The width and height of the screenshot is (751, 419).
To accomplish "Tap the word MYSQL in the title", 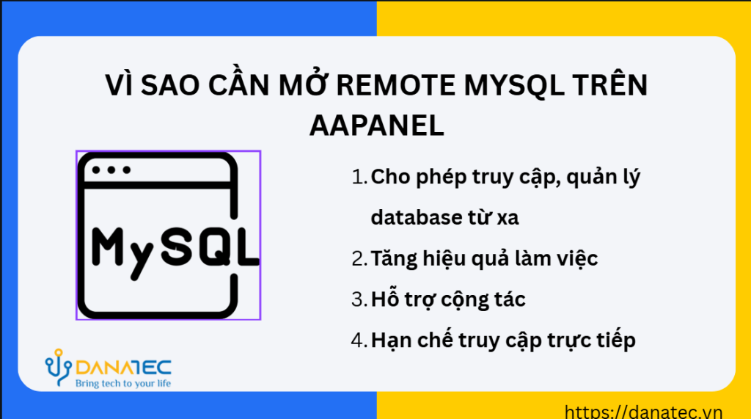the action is pyautogui.click(x=514, y=85).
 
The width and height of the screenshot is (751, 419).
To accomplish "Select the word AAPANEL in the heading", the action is pyautogui.click(x=377, y=126).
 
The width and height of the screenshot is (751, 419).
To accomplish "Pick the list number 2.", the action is pyautogui.click(x=359, y=258).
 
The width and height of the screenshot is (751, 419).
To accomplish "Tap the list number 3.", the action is pyautogui.click(x=359, y=299).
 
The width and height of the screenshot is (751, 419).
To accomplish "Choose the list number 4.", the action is pyautogui.click(x=359, y=340).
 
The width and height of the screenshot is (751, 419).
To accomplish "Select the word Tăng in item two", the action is pyautogui.click(x=395, y=259).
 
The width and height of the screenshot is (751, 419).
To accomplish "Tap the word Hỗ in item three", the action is pyautogui.click(x=384, y=298).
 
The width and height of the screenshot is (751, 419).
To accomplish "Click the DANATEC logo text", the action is pyautogui.click(x=123, y=368).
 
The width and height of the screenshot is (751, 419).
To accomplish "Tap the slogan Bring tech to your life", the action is pyautogui.click(x=123, y=384).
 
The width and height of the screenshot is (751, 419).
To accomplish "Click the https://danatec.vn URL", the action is pyautogui.click(x=643, y=412).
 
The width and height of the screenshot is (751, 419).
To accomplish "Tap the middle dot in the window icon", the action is pyautogui.click(x=111, y=170).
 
